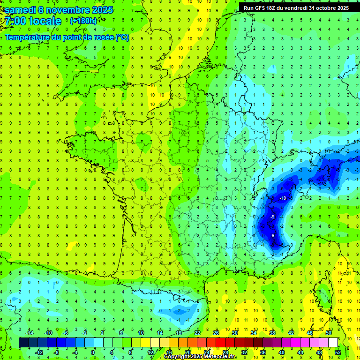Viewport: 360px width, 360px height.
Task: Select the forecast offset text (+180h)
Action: [83, 21]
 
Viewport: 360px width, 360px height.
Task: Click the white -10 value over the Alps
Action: [283, 198]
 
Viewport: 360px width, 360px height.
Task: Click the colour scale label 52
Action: [338, 352]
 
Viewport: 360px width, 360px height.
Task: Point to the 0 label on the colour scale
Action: [93, 352]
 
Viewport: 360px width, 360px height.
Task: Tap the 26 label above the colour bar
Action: [216, 332]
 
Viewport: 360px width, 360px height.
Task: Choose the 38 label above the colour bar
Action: [272, 332]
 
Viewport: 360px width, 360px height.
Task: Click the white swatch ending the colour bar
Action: [333, 342]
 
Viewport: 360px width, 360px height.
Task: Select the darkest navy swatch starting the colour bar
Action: [23, 342]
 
